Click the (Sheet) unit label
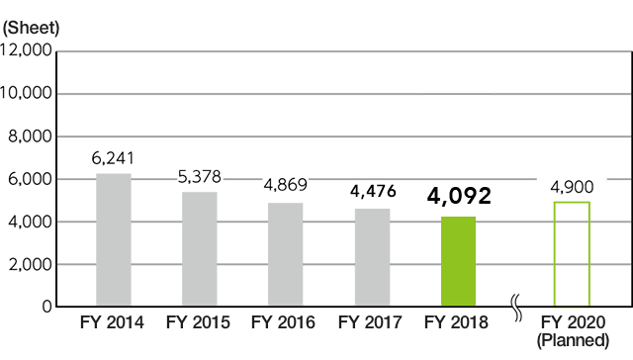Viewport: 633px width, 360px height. [31, 29]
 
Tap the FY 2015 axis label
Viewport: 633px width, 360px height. [199, 322]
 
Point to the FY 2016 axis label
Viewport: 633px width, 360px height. [285, 322]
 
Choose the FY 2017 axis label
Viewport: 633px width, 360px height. [371, 322]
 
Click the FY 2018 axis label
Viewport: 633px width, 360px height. [457, 322]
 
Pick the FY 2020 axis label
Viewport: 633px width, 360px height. [572, 322]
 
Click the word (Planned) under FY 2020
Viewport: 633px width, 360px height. [572, 340]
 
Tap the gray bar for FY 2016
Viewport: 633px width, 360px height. [285, 253]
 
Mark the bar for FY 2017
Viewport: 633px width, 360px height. [371, 257]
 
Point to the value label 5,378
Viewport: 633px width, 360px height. [199, 177]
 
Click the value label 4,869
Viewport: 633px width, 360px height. [286, 185]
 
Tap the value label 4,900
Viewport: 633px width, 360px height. [572, 185]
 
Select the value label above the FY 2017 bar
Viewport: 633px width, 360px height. [372, 192]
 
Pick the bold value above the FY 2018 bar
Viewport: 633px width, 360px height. [459, 196]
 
